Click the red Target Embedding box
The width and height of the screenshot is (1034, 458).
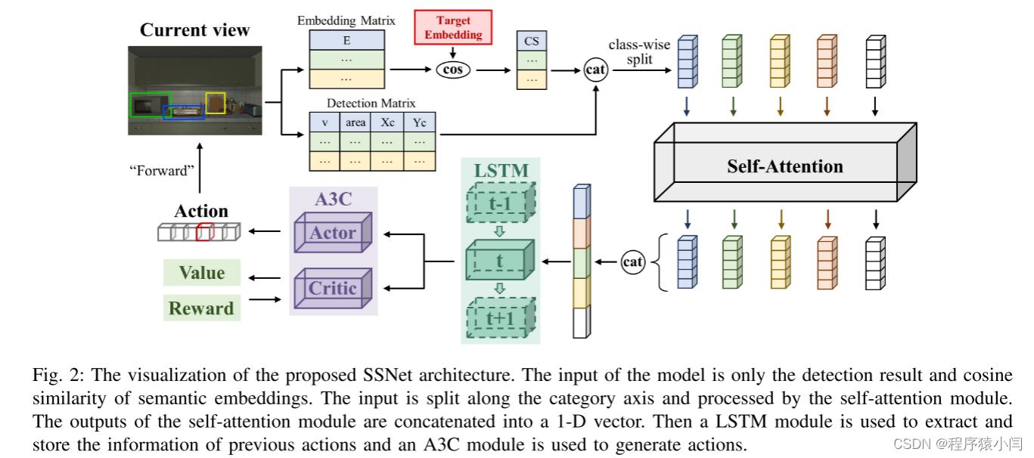point(453,27)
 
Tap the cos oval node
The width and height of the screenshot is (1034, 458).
point(453,70)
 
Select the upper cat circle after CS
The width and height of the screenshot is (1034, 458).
point(596,70)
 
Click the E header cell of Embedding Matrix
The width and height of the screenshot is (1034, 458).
point(347,41)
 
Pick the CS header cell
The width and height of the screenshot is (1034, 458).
point(532,41)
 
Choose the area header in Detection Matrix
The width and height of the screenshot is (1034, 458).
point(355,122)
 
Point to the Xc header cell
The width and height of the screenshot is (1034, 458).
point(387,122)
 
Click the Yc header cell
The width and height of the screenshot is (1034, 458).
point(420,122)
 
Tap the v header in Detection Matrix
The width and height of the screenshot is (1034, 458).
point(324,122)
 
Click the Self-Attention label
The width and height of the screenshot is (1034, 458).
point(784,166)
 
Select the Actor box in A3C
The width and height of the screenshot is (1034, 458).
point(333,232)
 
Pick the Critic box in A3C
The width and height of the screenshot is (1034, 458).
point(333,287)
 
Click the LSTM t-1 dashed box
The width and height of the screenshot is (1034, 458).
point(499,202)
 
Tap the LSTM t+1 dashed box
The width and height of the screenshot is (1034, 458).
point(499,318)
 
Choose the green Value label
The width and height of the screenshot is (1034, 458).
point(202,273)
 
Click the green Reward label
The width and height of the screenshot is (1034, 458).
point(202,308)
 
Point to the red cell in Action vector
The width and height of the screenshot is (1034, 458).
point(203,232)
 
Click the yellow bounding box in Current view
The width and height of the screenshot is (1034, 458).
point(215,103)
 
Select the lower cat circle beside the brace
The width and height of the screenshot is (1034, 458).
point(632,262)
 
